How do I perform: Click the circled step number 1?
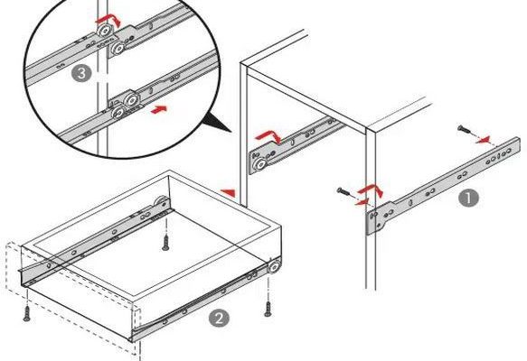point(469,198)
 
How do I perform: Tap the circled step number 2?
point(219,318)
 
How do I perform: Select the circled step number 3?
point(81,73)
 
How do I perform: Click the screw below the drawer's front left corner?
point(26,313)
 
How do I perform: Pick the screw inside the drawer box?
point(165,243)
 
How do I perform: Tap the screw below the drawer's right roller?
point(268,309)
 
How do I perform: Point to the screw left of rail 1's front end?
point(343,192)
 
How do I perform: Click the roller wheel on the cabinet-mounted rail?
point(259,165)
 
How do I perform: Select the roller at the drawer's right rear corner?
point(274,266)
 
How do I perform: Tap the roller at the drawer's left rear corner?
point(162,203)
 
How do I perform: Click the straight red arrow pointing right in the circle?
point(159,109)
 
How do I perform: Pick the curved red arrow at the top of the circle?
point(108,21)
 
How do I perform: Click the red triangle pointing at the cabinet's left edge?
point(228,193)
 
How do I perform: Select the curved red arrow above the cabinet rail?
point(268,136)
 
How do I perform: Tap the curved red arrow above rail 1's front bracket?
point(371,190)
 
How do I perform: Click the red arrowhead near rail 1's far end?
point(483,140)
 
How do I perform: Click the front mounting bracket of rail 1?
point(379,218)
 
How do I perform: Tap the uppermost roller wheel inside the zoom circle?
point(106,31)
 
